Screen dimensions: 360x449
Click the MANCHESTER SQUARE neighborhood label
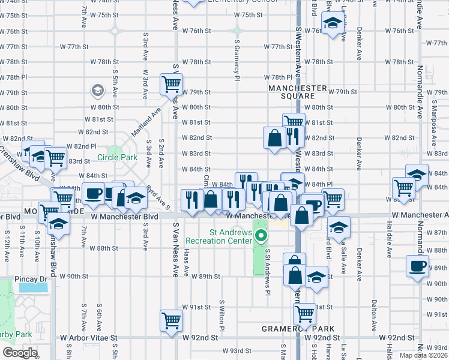click(298, 92)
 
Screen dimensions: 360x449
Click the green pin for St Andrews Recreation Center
click(260, 236)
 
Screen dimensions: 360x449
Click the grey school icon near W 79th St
click(97, 91)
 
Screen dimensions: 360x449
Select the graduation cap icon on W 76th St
click(331, 24)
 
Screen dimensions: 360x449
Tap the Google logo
click(20, 353)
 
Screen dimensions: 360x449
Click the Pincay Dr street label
click(35, 279)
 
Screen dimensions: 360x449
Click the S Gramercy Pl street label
click(237, 60)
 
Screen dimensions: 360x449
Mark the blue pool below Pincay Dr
click(34, 287)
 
